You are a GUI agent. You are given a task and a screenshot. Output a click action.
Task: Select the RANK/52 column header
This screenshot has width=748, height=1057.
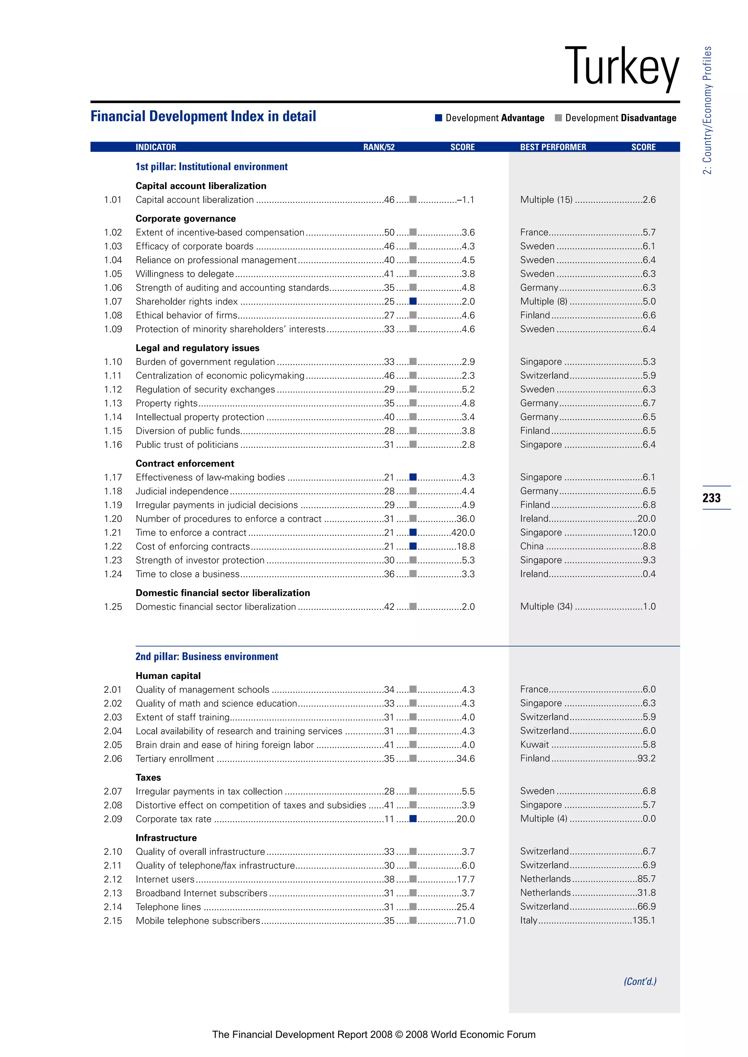coord(379,147)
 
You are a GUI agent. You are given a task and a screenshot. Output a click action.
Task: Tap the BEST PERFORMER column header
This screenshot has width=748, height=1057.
coord(553,147)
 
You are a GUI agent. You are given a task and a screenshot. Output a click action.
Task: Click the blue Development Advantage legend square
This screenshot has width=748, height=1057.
coord(439,118)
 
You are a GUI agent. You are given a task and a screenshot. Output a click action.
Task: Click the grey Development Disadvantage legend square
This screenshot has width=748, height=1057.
coord(558,118)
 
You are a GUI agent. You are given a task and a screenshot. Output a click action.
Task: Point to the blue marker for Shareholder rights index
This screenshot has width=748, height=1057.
coord(413,301)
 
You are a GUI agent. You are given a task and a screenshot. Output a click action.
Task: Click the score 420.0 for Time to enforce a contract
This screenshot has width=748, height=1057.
coord(463,533)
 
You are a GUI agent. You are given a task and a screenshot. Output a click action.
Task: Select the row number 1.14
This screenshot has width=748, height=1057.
coord(113,417)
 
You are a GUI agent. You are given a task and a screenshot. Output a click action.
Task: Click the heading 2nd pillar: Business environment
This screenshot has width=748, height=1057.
coord(207,657)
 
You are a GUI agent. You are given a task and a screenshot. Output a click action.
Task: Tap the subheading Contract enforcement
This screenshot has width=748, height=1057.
coord(185,464)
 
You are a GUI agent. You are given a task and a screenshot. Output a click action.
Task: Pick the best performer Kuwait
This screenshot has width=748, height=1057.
coord(534,745)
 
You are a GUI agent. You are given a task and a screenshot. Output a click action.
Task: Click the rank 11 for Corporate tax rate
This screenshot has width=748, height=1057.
coord(389,819)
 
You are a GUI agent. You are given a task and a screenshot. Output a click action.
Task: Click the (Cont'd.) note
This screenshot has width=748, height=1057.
coord(640,981)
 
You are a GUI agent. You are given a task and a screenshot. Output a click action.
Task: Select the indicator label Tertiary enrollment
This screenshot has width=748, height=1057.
coord(175,759)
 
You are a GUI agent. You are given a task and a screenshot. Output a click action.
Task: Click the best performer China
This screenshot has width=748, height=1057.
coord(532,546)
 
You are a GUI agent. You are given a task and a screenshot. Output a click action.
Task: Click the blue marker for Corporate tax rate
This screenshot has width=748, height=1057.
coord(413,819)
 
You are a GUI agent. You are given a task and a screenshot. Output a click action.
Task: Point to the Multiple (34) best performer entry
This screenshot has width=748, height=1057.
coord(546,606)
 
